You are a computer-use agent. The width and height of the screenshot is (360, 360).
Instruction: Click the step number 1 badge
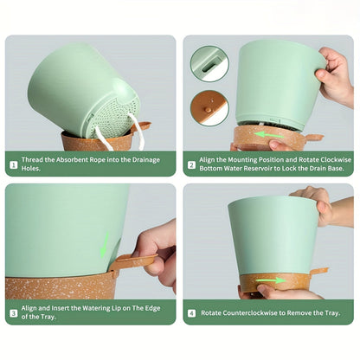coord(14,165)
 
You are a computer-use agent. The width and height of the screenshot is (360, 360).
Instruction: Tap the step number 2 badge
coord(191,165)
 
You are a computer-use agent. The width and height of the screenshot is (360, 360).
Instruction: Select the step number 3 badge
coord(14,313)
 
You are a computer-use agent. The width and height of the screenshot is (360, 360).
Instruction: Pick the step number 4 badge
coord(191,313)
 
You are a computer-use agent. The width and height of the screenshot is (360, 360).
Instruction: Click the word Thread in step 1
coord(31,160)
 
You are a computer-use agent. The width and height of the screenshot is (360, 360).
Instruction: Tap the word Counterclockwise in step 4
coord(250,313)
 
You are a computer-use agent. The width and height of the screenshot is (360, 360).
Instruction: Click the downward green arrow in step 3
coord(104,244)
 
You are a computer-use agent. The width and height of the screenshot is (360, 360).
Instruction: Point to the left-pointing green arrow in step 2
coord(269,134)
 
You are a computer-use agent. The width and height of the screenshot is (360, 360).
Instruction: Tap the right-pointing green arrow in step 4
coord(271,280)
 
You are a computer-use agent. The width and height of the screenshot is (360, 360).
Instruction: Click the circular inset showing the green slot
coord(209,64)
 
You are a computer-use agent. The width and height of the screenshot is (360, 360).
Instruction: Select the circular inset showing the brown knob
coord(209,108)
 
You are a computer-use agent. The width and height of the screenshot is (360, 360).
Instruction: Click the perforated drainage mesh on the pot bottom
coord(115,116)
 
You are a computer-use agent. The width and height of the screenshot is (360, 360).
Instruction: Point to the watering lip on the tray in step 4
coord(318,272)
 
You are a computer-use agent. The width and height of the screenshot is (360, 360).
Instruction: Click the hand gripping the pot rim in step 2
coord(336,74)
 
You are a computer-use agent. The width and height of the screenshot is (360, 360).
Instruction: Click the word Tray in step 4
coord(331,313)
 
